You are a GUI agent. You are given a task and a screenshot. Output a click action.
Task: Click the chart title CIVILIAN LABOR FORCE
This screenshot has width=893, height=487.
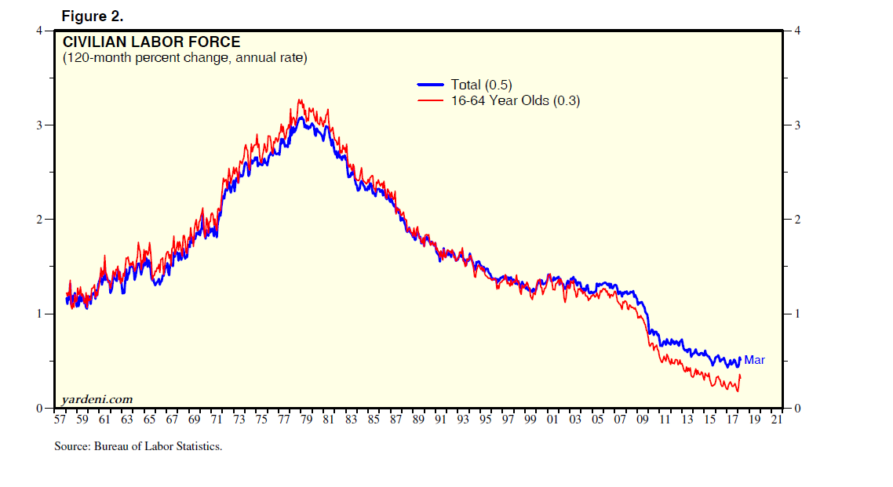(151, 42)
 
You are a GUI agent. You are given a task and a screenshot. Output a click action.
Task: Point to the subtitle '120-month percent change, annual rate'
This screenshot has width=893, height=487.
(184, 58)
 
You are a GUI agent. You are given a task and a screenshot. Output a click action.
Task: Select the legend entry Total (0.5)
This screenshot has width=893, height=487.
(481, 85)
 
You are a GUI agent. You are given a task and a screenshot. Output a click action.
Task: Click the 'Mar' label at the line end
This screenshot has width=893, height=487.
(754, 360)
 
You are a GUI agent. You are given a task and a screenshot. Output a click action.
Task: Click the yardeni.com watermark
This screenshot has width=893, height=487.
(97, 400)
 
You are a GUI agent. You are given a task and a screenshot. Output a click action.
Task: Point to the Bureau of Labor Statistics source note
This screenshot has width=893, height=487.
(138, 446)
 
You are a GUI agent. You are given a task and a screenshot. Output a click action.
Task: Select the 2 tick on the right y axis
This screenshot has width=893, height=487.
(796, 220)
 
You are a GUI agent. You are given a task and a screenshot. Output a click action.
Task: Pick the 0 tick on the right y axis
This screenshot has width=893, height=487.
(796, 409)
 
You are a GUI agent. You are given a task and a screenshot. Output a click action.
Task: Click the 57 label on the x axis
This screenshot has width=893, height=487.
(60, 420)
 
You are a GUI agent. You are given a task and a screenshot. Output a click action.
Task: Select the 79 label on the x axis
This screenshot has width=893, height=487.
(306, 420)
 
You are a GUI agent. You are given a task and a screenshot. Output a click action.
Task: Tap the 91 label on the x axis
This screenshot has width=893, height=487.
(440, 420)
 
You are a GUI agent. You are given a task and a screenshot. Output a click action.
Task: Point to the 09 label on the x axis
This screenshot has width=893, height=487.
(643, 420)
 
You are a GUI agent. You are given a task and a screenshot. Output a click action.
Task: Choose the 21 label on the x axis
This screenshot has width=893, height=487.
(777, 420)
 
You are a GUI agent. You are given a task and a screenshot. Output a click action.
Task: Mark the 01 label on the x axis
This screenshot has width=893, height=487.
(552, 420)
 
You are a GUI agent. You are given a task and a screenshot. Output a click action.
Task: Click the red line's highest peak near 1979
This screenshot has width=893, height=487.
(299, 100)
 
